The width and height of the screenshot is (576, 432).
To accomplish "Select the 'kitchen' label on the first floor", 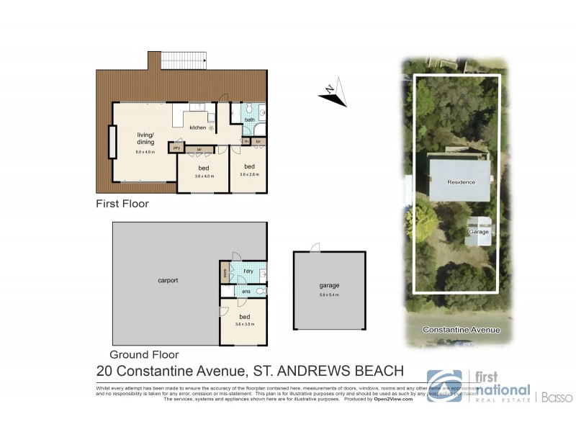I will pos(197,127).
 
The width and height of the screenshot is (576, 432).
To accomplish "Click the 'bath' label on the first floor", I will pos(249,120).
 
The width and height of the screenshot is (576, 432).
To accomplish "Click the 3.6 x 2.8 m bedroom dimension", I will pos(249,174).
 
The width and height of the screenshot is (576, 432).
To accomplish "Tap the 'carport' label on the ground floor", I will pos(167,280).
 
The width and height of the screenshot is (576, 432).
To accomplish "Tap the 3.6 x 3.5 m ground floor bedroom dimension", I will pos(245,325).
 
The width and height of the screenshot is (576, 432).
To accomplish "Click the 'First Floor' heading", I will pos(122,204).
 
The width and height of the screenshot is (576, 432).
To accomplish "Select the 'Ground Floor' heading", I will pos(143,354).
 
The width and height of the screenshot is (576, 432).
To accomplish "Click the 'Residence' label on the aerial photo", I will pos(461,181).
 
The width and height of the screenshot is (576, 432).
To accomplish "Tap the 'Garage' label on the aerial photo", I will pos(479,232).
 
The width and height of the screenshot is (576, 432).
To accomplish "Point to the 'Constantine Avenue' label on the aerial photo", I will pos(461,330).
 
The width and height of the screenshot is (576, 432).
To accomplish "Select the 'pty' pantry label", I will pos(176,148).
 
